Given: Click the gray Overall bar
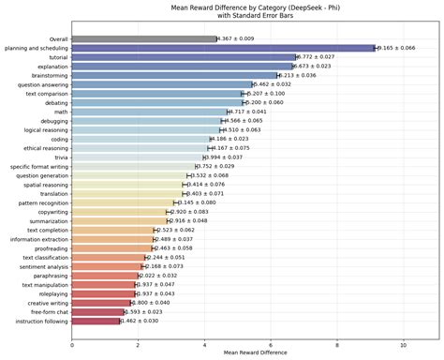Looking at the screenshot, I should coord(144,38).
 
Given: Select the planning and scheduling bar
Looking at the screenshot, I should coord(224,48).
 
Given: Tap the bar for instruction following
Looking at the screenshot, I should coord(96,321).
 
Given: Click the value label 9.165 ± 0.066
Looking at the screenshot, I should coord(403,48).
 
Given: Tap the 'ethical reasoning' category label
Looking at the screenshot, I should coord(44,148).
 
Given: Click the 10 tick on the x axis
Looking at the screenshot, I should coord(404,344).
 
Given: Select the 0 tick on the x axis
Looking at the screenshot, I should coord(72,344).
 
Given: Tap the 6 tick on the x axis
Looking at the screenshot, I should coord(271,344).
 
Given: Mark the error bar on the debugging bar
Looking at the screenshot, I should coord(223,121).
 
